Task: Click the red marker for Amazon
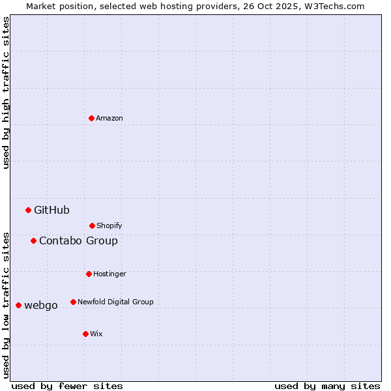click(x=91, y=118)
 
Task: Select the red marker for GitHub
click(x=28, y=210)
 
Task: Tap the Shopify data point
click(x=92, y=225)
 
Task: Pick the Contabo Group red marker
click(x=33, y=240)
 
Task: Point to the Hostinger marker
click(x=89, y=274)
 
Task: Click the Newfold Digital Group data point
click(x=73, y=302)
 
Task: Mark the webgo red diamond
click(x=18, y=305)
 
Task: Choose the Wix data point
click(x=85, y=334)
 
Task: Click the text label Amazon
click(x=109, y=118)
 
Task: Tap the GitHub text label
click(x=51, y=210)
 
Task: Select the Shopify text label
click(x=109, y=225)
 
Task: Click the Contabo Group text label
click(x=78, y=240)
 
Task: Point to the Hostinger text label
click(x=109, y=274)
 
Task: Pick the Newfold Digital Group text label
click(x=115, y=302)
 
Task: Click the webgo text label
click(x=41, y=305)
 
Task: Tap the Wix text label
click(x=96, y=334)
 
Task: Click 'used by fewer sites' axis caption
click(x=67, y=386)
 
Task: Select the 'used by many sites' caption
click(x=327, y=386)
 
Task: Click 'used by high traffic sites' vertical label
click(x=6, y=93)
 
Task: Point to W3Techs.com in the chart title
click(x=331, y=6)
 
